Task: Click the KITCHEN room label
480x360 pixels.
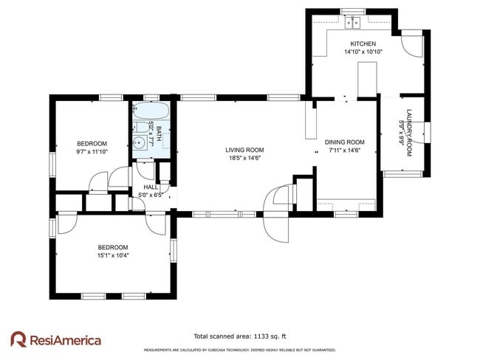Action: tap(363, 44)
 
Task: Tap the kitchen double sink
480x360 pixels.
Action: tap(353, 21)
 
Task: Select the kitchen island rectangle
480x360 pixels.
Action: tap(368, 80)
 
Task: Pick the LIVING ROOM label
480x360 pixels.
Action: tap(244, 150)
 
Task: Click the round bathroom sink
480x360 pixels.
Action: tap(139, 144)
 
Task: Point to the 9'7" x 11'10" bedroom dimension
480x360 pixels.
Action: tap(92, 151)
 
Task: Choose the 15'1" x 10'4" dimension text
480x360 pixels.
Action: tap(113, 255)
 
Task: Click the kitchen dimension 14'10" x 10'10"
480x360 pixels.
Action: tap(363, 52)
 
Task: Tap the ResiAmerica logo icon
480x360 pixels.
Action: tap(19, 339)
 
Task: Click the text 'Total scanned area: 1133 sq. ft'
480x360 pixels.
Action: tap(239, 336)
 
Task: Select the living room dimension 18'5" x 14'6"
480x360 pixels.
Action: tap(244, 158)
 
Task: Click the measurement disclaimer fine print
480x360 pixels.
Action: tap(239, 350)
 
